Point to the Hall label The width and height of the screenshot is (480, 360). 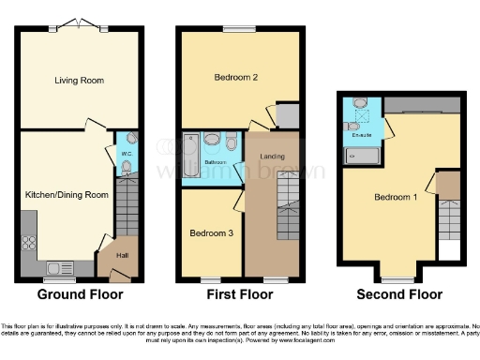(x=123, y=254)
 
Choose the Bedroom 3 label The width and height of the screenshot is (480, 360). (x=210, y=232)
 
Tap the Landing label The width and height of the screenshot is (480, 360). (x=272, y=156)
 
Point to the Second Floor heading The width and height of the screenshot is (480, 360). (x=399, y=294)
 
